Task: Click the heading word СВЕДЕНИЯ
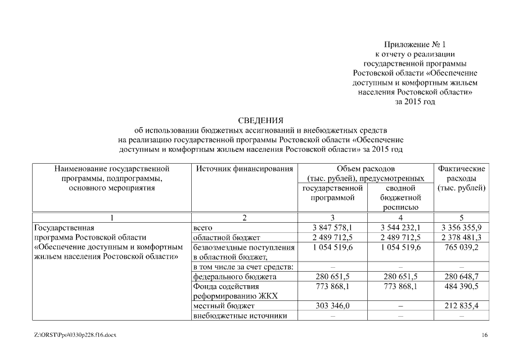click(261, 120)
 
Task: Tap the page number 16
click(485, 335)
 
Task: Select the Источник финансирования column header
click(244, 168)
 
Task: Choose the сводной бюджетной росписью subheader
click(400, 197)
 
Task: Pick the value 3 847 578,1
click(332, 228)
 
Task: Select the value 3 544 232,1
click(400, 228)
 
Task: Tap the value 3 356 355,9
click(462, 228)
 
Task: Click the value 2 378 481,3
click(462, 237)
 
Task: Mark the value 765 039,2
click(462, 247)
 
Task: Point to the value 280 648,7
click(462, 277)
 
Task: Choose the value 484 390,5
click(462, 286)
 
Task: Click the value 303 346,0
click(332, 306)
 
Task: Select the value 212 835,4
click(462, 306)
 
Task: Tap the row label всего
click(202, 228)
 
